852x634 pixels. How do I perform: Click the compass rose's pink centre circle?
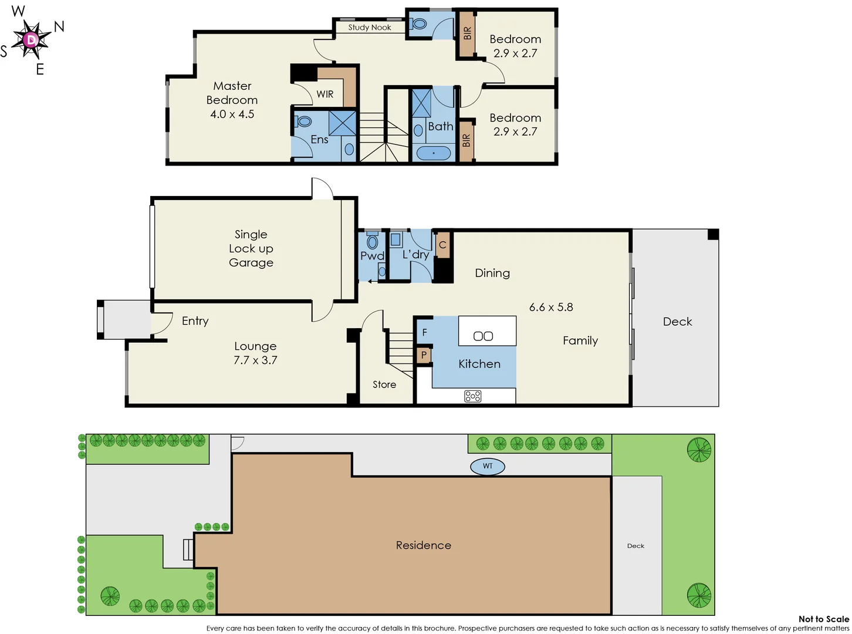pos(31,40)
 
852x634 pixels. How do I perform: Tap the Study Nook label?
pos(369,28)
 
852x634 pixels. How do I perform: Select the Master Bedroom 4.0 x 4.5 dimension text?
pos(232,114)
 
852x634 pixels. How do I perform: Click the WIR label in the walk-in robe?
pos(325,95)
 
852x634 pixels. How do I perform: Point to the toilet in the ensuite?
pos(304,122)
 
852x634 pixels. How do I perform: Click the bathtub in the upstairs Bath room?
pos(434,153)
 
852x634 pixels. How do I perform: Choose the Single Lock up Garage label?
pos(251,248)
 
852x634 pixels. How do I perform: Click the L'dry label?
pos(415,255)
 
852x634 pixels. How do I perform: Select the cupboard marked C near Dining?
pos(443,245)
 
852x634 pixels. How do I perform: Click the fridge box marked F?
pos(424,333)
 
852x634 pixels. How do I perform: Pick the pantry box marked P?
pos(424,355)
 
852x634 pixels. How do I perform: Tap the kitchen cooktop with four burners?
pos(473,396)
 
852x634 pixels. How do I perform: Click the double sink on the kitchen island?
pos(483,336)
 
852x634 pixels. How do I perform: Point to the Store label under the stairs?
pos(384,385)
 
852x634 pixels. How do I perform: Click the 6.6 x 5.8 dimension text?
pos(551,307)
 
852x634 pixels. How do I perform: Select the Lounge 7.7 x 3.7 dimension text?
pos(255,360)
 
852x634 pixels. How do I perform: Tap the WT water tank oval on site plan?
pos(488,466)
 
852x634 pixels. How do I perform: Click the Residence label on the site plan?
pos(424,545)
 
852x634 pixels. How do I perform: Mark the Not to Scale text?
pos(823,619)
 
